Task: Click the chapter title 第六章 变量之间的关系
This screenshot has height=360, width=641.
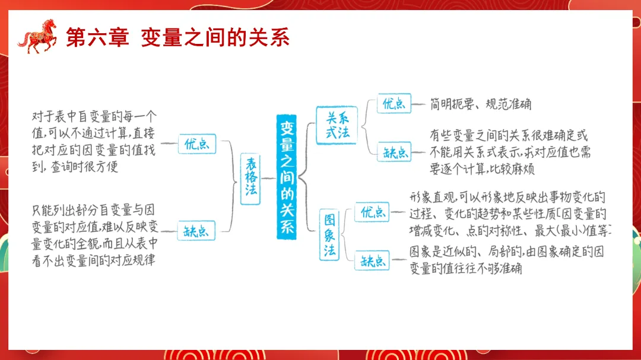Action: (177, 37)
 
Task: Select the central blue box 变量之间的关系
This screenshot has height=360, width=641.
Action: (287, 177)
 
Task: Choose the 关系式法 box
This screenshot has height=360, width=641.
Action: (337, 125)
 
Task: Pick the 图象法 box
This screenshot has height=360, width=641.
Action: (330, 235)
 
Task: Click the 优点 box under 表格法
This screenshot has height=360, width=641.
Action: (196, 144)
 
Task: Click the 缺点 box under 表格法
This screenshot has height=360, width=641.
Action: (196, 231)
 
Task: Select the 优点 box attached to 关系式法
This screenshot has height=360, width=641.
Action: (394, 104)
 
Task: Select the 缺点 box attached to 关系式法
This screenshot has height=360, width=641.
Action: (394, 152)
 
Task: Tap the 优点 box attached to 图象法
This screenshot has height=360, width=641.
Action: (372, 212)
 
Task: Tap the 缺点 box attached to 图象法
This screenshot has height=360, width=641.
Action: (372, 260)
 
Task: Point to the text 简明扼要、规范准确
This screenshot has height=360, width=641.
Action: (481, 104)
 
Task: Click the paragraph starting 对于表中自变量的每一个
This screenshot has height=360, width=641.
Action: (94, 141)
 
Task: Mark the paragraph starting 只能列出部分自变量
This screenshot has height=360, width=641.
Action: (95, 235)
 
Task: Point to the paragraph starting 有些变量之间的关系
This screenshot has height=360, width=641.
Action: (510, 152)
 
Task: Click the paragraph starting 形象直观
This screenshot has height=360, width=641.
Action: (509, 213)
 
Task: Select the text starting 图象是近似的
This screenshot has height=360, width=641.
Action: (506, 260)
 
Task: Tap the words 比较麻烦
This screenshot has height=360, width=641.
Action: (513, 169)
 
